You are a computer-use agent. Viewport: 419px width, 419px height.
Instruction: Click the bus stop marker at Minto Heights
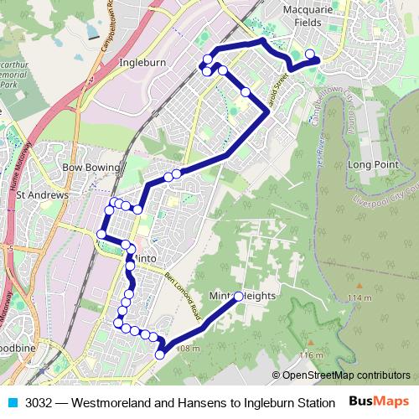pos(239,296)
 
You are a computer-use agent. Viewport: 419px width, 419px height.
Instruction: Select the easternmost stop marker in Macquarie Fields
pos(310,55)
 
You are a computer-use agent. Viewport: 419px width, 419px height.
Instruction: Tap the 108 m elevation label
pos(189,349)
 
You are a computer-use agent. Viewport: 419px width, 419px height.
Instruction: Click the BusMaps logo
pos(380,401)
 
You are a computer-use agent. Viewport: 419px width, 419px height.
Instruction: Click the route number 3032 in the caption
pos(39,402)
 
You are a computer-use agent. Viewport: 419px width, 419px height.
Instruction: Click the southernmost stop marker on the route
pos(160,355)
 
